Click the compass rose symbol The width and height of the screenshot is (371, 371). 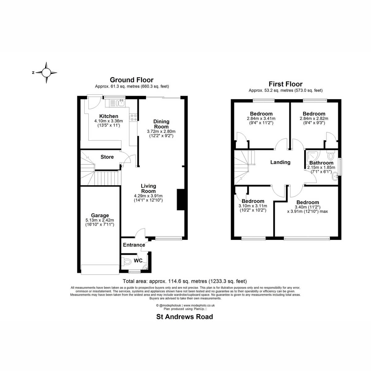tap(46, 73)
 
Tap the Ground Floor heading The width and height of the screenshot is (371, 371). tap(132, 80)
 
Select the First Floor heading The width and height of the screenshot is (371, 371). tap(286, 84)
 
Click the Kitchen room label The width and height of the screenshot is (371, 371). tap(109, 116)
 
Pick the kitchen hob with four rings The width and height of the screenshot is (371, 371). tap(133, 117)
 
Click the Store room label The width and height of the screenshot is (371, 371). tap(107, 157)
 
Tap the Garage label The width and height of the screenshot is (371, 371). tap(100, 215)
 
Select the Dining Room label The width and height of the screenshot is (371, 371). tap(161, 124)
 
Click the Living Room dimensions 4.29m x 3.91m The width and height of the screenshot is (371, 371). tap(148, 196)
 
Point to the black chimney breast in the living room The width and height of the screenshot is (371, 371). tap(181, 200)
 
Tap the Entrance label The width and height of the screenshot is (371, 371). tap(134, 245)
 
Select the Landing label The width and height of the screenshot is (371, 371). tap(280, 162)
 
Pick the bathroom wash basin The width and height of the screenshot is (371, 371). tap(335, 176)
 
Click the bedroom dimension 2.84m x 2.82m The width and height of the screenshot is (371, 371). tap(314, 118)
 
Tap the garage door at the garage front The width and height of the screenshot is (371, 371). tap(100, 269)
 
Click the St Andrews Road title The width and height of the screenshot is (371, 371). tap(185, 317)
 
